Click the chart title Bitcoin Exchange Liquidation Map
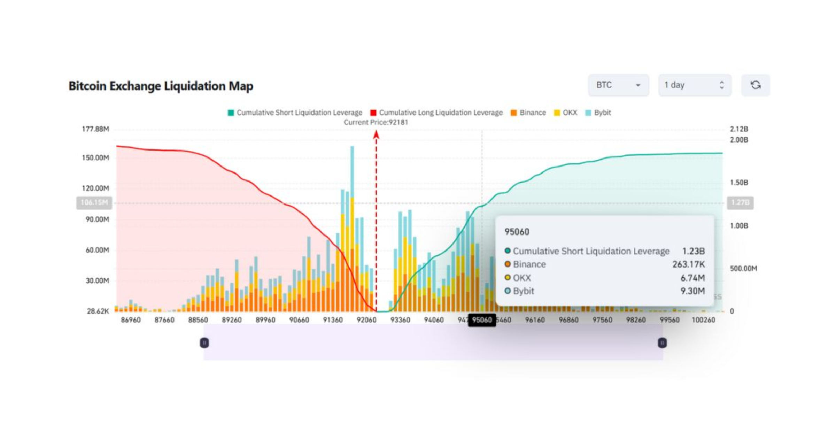pos(161,86)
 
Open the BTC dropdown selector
pos(618,85)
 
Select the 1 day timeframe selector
pos(695,85)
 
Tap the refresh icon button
pos(756,85)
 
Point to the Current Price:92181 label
pos(376,122)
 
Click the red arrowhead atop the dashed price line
pos(376,134)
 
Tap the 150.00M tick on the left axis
pos(95,158)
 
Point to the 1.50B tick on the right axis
pos(739,183)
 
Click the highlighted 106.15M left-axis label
pos(94,202)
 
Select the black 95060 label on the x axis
pos(482,320)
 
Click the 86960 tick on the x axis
pos(131,320)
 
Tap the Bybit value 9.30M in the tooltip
pos(692,291)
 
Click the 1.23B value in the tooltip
pos(693,251)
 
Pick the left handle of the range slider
pos(204,343)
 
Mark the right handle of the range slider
pos(662,343)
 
